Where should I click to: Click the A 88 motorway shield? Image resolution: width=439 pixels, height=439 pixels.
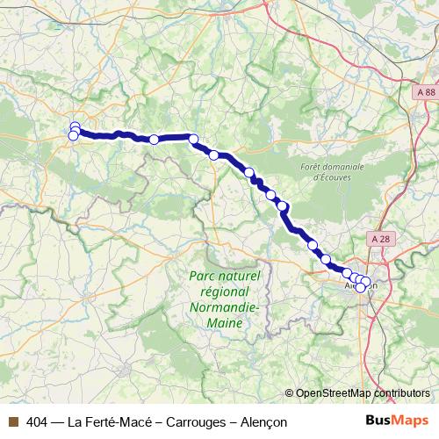click(425, 92)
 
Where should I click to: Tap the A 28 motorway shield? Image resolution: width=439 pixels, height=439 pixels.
click(379, 238)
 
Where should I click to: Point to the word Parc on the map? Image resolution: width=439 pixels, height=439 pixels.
click(205, 276)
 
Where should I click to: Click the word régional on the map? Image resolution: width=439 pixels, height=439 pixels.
click(223, 291)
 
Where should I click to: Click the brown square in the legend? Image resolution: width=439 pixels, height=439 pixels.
click(12, 421)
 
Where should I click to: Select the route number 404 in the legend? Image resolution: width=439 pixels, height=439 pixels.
click(37, 421)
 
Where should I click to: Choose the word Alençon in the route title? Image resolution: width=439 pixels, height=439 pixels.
click(258, 421)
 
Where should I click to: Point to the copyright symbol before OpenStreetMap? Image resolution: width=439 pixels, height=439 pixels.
click(290, 392)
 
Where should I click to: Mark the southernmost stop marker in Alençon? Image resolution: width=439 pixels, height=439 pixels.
click(361, 288)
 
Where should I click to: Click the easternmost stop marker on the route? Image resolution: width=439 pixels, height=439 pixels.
click(367, 283)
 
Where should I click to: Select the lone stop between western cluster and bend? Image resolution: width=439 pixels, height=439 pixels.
click(154, 139)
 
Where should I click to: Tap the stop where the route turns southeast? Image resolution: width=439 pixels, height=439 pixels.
click(193, 138)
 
